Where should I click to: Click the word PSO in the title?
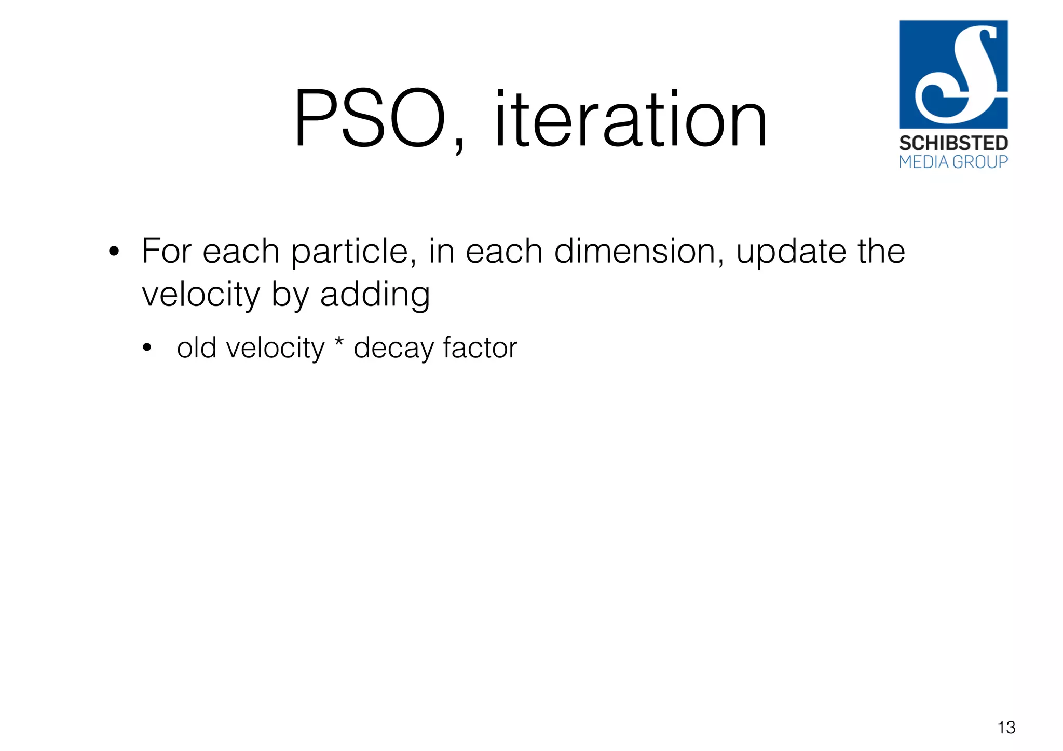(370, 119)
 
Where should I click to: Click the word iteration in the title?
(631, 119)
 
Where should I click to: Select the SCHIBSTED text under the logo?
(953, 143)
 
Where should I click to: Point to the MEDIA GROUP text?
(953, 162)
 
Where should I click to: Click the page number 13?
(1006, 728)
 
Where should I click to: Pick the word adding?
(375, 295)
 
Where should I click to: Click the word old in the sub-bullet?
(196, 348)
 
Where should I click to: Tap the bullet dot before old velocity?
(147, 349)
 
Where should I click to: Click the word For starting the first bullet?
(167, 252)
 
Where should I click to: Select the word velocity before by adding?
(200, 295)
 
